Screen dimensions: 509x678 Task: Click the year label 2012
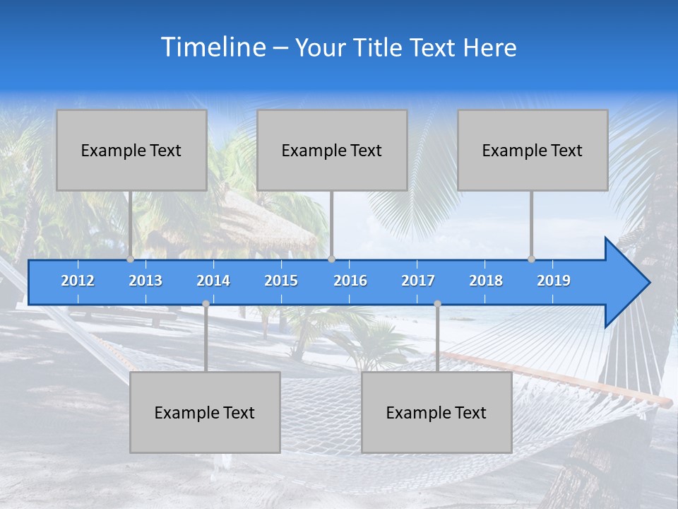pyautogui.click(x=78, y=281)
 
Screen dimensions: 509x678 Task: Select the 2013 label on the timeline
pyautogui.click(x=145, y=281)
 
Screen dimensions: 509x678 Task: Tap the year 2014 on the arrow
pyautogui.click(x=213, y=281)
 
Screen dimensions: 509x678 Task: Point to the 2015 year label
pyautogui.click(x=281, y=281)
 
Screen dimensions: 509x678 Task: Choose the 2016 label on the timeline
pyautogui.click(x=350, y=281)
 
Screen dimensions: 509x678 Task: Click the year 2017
pyautogui.click(x=418, y=281)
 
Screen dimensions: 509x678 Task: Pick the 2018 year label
pyautogui.click(x=486, y=281)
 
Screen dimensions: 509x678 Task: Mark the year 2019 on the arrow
pyautogui.click(x=554, y=281)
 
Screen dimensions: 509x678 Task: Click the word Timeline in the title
pyautogui.click(x=213, y=47)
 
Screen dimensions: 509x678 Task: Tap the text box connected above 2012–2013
pyautogui.click(x=131, y=150)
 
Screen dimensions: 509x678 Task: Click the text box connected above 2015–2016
pyautogui.click(x=332, y=150)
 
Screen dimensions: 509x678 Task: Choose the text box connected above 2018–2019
pyautogui.click(x=533, y=150)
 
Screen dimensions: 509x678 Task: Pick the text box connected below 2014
pyautogui.click(x=205, y=412)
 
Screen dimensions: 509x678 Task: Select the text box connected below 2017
pyautogui.click(x=436, y=412)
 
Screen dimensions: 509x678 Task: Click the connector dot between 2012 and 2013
pyautogui.click(x=131, y=259)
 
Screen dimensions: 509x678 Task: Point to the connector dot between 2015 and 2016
pyautogui.click(x=332, y=259)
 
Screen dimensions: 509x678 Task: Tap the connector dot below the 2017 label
pyautogui.click(x=437, y=304)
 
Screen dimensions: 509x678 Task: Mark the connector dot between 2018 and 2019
pyautogui.click(x=532, y=259)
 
